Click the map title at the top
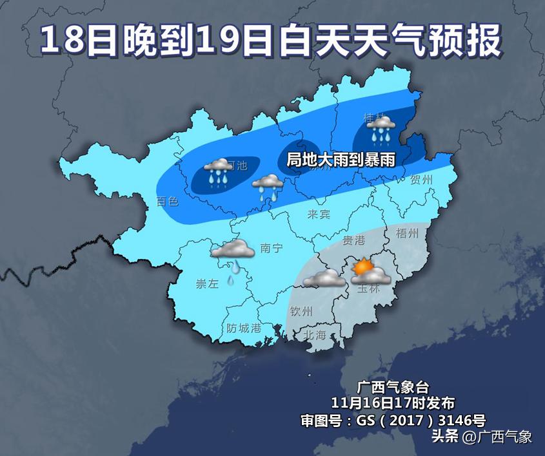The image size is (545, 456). tap(271, 40)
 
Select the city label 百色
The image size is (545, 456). tap(168, 202)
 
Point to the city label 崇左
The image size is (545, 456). tap(207, 283)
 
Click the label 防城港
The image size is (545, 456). tap(244, 327)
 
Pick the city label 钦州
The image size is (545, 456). tap(302, 312)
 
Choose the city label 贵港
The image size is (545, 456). tap(353, 240)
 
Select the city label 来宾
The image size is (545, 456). tap(319, 213)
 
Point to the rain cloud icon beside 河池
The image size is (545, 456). tap(218, 172)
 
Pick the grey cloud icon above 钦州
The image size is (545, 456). tap(324, 278)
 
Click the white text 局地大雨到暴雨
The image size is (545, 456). tap(341, 158)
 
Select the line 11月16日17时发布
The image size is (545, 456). tap(384, 403)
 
